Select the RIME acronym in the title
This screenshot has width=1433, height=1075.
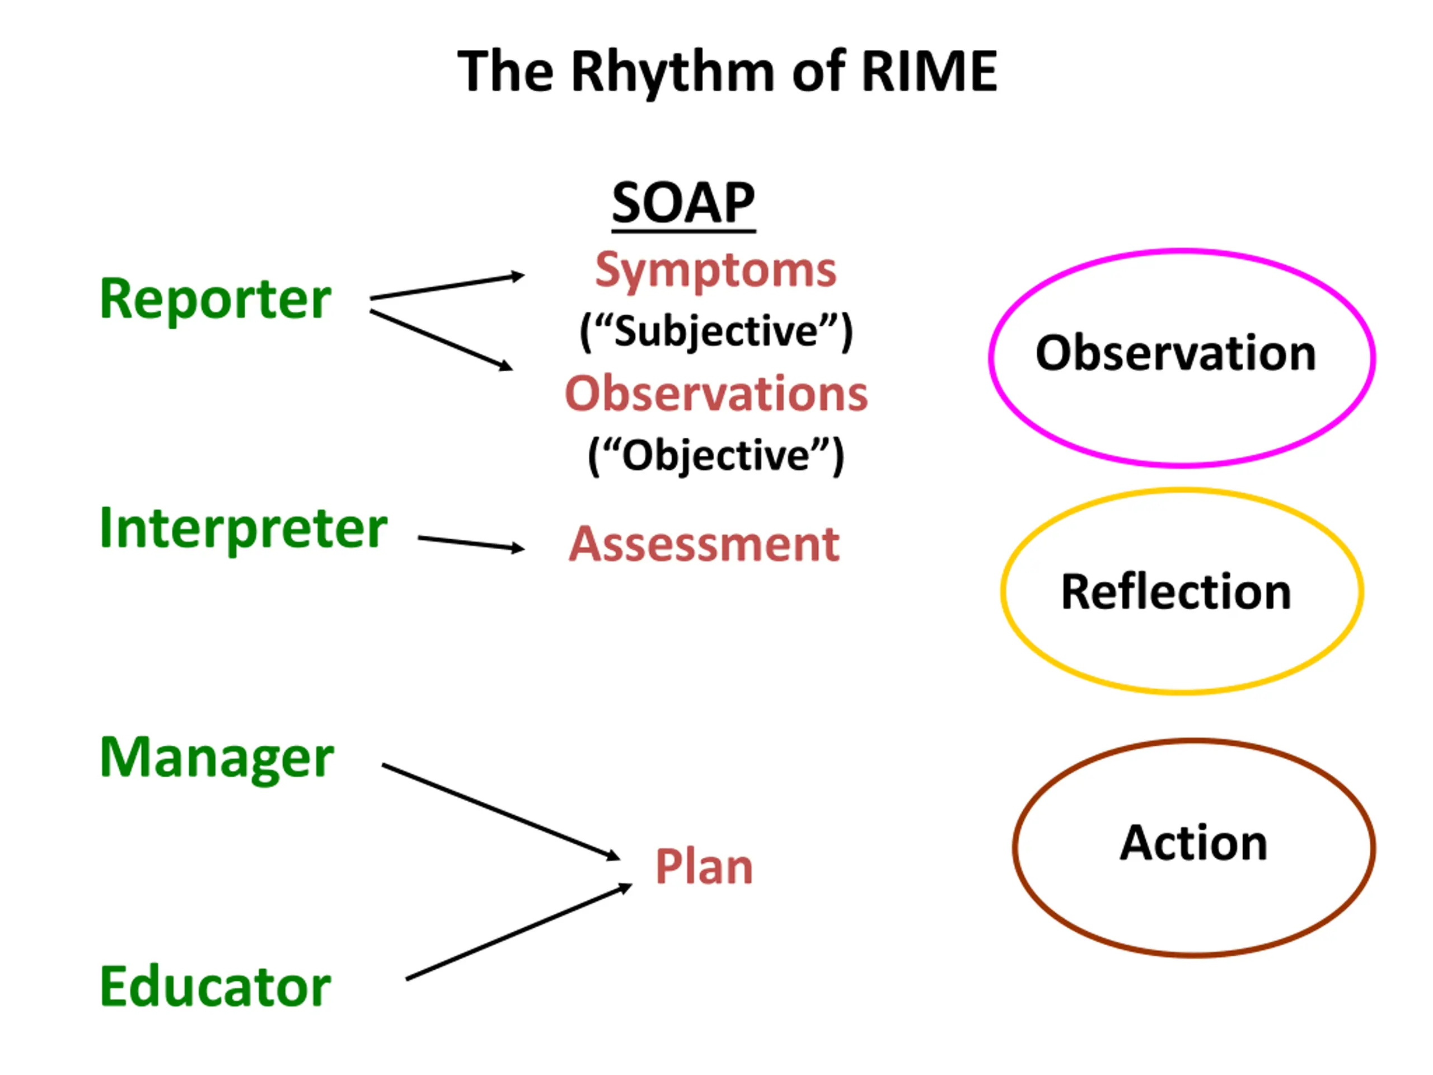[929, 71]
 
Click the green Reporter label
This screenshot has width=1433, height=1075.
[215, 299]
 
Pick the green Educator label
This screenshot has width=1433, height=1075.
[215, 987]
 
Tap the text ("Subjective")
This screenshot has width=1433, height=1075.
[716, 333]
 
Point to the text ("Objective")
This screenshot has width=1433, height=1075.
[716, 456]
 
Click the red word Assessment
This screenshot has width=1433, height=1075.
[704, 544]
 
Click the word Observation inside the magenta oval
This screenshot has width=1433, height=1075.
[1176, 353]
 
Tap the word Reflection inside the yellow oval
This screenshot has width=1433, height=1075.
[1176, 592]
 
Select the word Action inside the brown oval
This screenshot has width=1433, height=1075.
[1193, 843]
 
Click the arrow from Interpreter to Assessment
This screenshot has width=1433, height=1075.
[471, 543]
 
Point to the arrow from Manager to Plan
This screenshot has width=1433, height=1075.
[501, 812]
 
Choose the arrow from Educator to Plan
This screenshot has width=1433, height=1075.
[519, 932]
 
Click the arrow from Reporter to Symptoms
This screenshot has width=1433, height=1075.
[447, 287]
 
